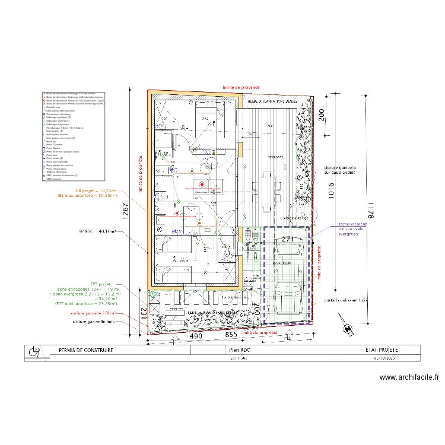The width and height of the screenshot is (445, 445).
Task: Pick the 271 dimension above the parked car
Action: coord(288,239)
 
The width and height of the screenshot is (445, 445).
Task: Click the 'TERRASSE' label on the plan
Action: coord(274,157)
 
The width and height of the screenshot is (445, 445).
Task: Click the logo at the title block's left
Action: coord(34,353)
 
